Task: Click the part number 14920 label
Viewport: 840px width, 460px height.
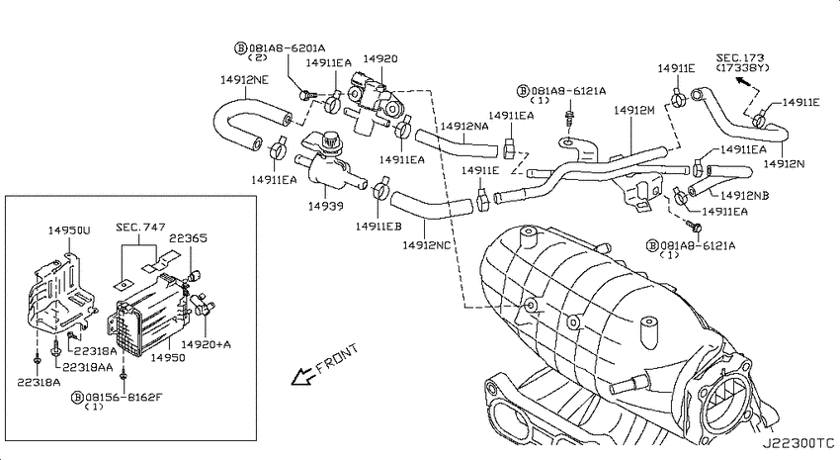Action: pyautogui.click(x=379, y=59)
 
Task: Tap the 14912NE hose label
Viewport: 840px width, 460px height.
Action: pyautogui.click(x=244, y=80)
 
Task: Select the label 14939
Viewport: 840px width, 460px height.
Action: pyautogui.click(x=326, y=206)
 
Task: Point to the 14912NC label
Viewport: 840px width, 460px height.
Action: pyautogui.click(x=427, y=245)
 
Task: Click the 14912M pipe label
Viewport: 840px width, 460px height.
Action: pyautogui.click(x=634, y=111)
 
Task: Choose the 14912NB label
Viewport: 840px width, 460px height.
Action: pyautogui.click(x=745, y=196)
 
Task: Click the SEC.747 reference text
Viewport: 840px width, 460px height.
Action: pyautogui.click(x=141, y=228)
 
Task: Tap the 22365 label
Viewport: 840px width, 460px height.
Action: pyautogui.click(x=188, y=238)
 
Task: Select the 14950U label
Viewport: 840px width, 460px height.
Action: pyautogui.click(x=69, y=230)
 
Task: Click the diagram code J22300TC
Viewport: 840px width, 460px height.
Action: pyautogui.click(x=798, y=443)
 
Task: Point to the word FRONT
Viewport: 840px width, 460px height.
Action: pyautogui.click(x=337, y=359)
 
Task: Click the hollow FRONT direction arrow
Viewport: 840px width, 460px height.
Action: pyautogui.click(x=302, y=376)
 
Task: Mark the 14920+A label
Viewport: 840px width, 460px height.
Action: pyautogui.click(x=207, y=344)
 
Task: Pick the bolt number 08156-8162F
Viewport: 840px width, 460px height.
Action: pyautogui.click(x=124, y=398)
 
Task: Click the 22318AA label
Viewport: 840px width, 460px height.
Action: pyautogui.click(x=88, y=367)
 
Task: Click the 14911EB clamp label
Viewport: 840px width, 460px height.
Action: pyautogui.click(x=378, y=227)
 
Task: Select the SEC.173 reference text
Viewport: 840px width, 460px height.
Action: pyautogui.click(x=740, y=57)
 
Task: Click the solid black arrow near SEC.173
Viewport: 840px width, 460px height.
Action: pyautogui.click(x=742, y=81)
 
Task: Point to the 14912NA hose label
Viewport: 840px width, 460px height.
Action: pyautogui.click(x=464, y=127)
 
